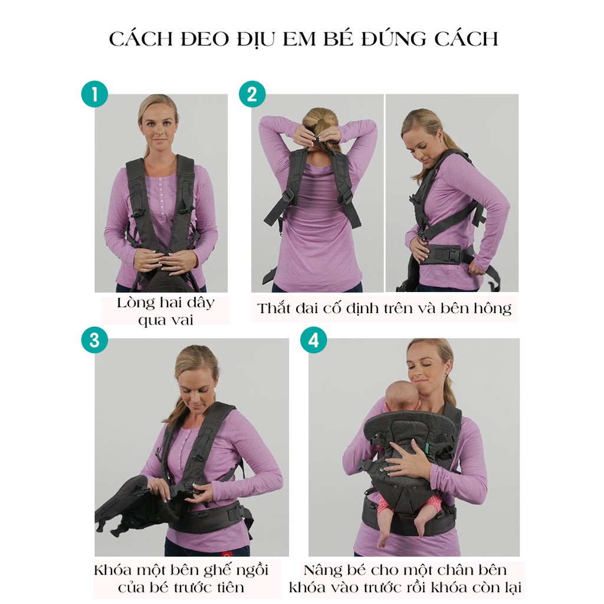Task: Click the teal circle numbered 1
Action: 95,94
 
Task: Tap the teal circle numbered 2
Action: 252,94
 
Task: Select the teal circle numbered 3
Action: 95,340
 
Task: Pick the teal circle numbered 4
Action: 314,340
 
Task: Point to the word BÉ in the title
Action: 340,38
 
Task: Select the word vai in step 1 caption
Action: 180,320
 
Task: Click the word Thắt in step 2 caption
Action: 274,308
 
